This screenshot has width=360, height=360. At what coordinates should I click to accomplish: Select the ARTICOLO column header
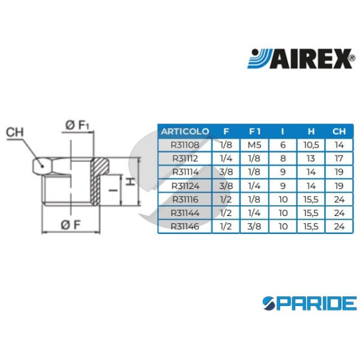[x=185, y=131]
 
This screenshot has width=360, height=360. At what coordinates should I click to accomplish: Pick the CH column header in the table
[x=340, y=131]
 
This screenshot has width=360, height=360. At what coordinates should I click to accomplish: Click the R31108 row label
[x=185, y=145]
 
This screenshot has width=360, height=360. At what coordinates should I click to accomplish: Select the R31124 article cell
[x=185, y=185]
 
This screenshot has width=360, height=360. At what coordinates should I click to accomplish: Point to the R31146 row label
[x=185, y=226]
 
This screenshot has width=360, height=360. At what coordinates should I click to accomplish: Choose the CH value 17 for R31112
[x=340, y=158]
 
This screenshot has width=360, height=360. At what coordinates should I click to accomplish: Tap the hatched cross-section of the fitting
[x=98, y=180]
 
